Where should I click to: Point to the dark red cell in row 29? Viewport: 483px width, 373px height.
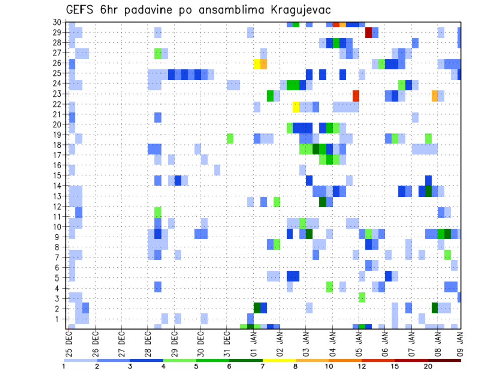(x=368, y=33)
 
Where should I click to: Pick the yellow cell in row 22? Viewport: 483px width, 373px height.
(x=296, y=107)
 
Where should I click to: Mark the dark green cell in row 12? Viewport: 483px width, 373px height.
(x=323, y=202)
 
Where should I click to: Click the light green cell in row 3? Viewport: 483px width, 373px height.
(x=362, y=297)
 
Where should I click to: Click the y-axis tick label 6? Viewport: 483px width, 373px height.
(x=59, y=267)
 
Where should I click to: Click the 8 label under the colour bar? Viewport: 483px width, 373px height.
(x=296, y=367)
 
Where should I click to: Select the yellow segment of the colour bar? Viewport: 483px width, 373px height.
(x=279, y=360)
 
